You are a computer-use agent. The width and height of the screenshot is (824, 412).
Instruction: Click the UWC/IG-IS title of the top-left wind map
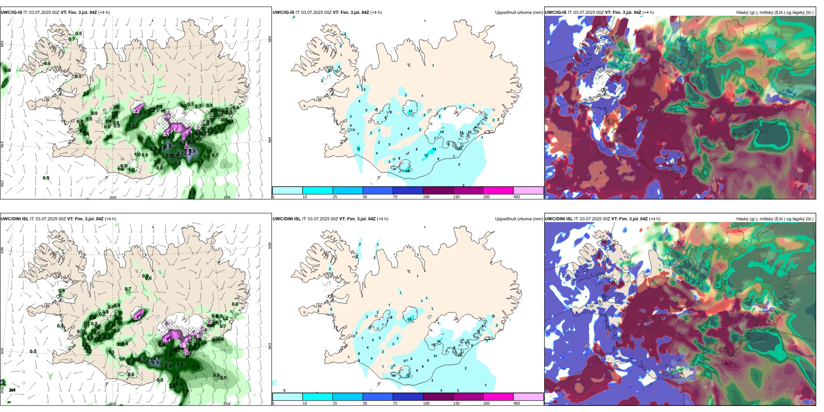pyautogui.click(x=11, y=13)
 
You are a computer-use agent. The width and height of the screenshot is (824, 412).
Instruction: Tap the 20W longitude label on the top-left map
pyautogui.click(x=113, y=197)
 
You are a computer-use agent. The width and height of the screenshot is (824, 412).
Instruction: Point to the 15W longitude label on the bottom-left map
pyautogui.click(x=226, y=404)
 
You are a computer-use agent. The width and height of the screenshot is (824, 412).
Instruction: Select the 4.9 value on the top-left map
pyautogui.click(x=168, y=146)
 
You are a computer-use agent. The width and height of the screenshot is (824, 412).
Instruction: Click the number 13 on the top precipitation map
pyautogui.click(x=410, y=111)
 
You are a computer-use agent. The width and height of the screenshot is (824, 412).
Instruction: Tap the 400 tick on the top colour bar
pyautogui.click(x=517, y=197)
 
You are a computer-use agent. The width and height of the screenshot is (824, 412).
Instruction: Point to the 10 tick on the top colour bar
pyautogui.click(x=304, y=197)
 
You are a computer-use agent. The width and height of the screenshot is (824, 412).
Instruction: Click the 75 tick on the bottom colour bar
pyautogui.click(x=395, y=403)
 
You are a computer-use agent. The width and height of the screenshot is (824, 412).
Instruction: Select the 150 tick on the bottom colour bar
pyautogui.click(x=456, y=403)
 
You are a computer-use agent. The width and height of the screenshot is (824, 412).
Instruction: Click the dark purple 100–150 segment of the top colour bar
pyautogui.click(x=438, y=190)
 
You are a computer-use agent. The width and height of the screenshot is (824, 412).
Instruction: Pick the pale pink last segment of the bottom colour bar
pyautogui.click(x=528, y=397)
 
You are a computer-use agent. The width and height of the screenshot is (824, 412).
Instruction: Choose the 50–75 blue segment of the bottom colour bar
pyautogui.click(x=377, y=397)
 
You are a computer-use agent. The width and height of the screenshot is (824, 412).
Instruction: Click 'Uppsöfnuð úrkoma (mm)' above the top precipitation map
pyautogui.click(x=519, y=13)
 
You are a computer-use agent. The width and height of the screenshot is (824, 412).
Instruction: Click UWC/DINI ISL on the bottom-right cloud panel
pyautogui.click(x=559, y=219)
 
